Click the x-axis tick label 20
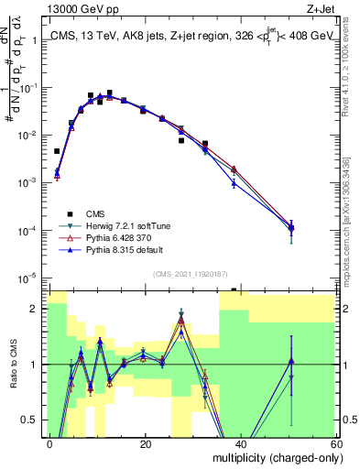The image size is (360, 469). pyautogui.click(x=145, y=443)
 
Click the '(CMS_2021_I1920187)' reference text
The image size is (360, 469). pyautogui.click(x=189, y=273)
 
